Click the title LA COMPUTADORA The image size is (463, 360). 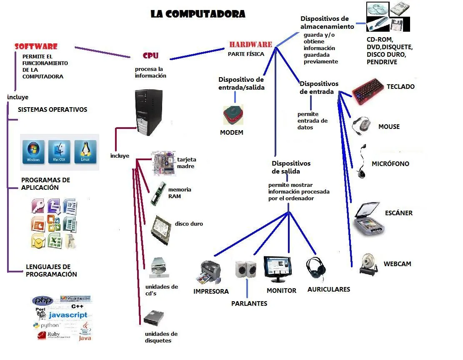point(198,14)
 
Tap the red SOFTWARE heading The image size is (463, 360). point(36,46)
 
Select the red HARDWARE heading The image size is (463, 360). point(250,44)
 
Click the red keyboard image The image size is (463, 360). point(367,90)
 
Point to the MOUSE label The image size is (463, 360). point(389,126)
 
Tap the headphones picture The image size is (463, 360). point(316,269)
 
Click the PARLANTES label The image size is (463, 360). point(249,303)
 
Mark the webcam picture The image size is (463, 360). point(368,263)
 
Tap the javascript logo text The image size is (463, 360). point(68,315)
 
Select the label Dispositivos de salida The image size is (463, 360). point(291,167)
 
